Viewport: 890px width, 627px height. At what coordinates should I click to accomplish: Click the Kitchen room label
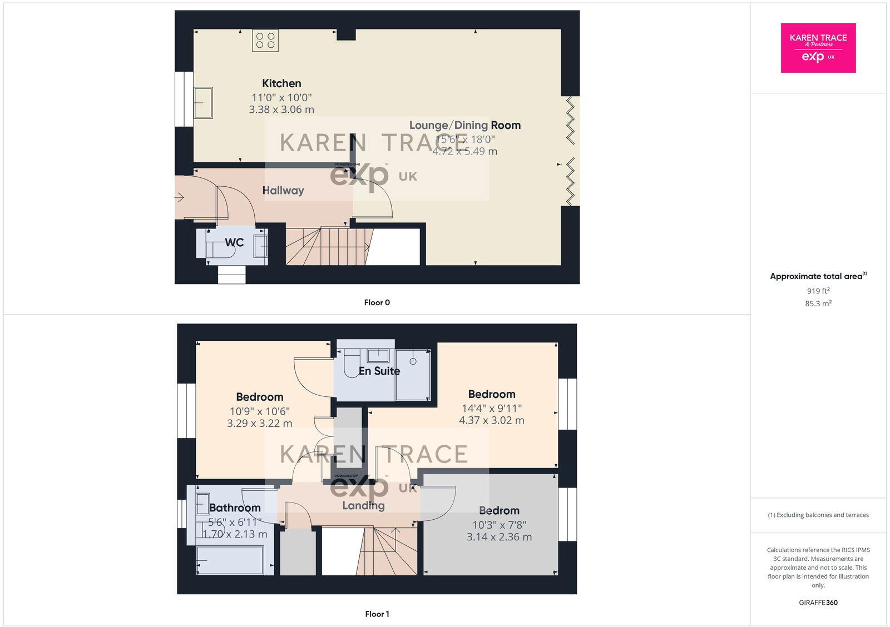click(281, 83)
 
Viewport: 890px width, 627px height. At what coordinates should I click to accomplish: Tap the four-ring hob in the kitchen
click(265, 41)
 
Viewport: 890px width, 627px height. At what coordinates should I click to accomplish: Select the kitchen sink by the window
click(203, 103)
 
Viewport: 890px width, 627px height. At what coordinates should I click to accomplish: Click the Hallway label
click(283, 190)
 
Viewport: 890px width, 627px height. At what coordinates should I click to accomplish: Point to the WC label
click(234, 242)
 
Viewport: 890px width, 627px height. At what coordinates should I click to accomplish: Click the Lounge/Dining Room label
click(465, 125)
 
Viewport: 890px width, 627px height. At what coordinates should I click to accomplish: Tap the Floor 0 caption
click(377, 302)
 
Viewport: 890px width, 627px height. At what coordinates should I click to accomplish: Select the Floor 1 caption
click(377, 614)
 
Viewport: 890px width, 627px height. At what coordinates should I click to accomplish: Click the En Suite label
click(379, 371)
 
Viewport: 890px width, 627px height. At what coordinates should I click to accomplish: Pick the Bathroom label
click(235, 507)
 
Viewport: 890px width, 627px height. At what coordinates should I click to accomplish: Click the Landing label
click(363, 505)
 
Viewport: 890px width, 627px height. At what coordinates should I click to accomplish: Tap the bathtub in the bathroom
click(230, 560)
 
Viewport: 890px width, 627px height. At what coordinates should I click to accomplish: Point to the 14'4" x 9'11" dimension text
click(491, 408)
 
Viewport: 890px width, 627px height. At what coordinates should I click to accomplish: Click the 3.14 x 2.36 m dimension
click(499, 537)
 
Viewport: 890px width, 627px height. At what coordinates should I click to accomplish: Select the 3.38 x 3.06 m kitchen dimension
click(281, 110)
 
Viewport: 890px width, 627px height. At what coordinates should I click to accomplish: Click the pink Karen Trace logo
click(818, 48)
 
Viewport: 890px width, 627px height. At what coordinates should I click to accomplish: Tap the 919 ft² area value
click(818, 291)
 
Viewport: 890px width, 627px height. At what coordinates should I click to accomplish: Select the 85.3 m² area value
click(818, 303)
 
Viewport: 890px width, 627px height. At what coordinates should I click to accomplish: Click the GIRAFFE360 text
click(818, 603)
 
